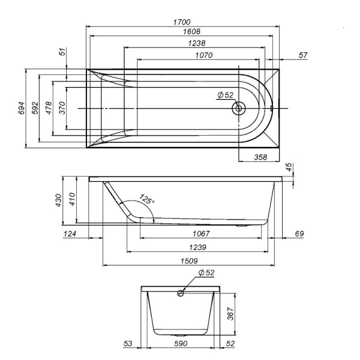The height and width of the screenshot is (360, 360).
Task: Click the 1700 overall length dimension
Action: [x=182, y=22]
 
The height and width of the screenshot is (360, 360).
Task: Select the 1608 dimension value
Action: [x=191, y=31]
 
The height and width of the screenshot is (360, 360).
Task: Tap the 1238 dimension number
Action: [x=197, y=43]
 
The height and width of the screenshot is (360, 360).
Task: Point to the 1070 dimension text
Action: [x=204, y=55]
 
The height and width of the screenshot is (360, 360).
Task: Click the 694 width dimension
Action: [x=21, y=108]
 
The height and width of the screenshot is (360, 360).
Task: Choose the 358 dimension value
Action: [x=260, y=157]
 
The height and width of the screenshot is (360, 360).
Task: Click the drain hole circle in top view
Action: [x=239, y=108]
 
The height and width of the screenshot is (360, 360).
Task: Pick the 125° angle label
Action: [x=147, y=199]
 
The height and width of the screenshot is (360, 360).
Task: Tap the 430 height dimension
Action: [x=59, y=200]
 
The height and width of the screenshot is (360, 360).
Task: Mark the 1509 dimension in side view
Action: [x=189, y=261]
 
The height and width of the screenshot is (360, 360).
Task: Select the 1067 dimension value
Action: [x=201, y=234]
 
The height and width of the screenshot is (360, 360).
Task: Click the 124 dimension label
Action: [x=70, y=234]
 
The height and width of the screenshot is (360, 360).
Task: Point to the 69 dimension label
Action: [x=299, y=234]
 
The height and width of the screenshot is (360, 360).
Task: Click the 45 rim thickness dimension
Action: [x=290, y=167]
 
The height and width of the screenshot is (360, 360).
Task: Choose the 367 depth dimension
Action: [x=230, y=314]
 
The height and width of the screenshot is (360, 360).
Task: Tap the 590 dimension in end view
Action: [x=181, y=344]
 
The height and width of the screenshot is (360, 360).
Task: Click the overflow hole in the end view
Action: [x=181, y=293]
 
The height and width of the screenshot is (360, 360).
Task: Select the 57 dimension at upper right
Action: [x=303, y=55]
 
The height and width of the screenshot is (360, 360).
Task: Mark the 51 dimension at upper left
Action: [x=62, y=52]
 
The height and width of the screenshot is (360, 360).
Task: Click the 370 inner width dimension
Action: [x=62, y=108]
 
